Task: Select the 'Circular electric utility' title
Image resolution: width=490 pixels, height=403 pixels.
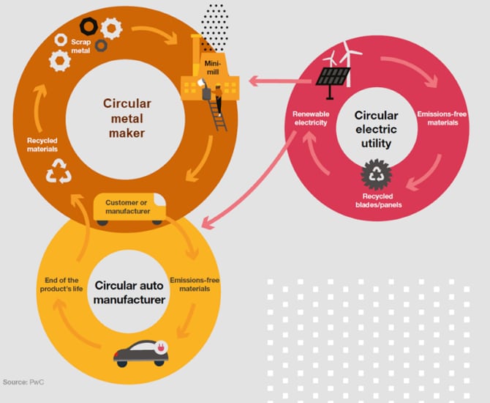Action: pos(376,129)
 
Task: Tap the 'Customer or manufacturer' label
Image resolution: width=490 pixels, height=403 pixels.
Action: pos(128,206)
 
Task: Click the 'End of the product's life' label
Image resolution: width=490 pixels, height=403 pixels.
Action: pos(61,284)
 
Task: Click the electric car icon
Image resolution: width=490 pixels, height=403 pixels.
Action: pos(141,352)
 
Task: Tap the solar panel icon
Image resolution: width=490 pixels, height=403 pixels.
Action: pos(333,76)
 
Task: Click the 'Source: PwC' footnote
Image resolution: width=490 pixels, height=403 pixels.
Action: pos(23,382)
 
